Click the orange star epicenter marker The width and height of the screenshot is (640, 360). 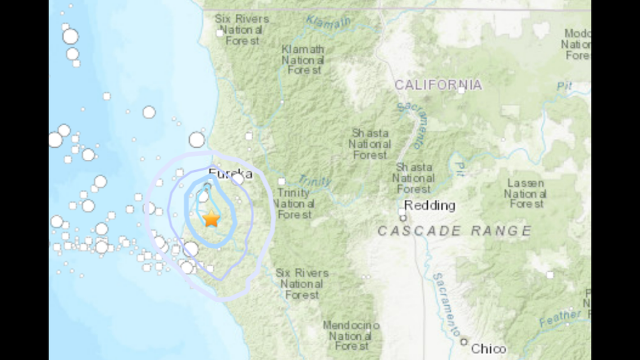211,219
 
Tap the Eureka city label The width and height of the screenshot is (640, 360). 230,174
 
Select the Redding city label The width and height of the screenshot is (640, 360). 429,206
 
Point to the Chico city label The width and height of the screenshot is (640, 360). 488,349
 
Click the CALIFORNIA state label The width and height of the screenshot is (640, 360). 438,85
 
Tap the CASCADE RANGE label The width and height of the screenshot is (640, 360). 454,231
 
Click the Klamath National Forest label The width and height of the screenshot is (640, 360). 303,60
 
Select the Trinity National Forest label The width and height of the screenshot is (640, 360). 294,204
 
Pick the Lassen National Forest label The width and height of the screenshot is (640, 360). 525,194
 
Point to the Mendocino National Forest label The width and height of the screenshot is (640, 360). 351,336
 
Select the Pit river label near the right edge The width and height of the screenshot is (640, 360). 564,86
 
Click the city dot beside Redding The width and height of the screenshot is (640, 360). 403,218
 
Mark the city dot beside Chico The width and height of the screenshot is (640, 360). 464,341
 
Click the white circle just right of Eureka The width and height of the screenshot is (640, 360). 238,179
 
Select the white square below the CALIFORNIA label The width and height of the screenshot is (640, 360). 461,90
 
